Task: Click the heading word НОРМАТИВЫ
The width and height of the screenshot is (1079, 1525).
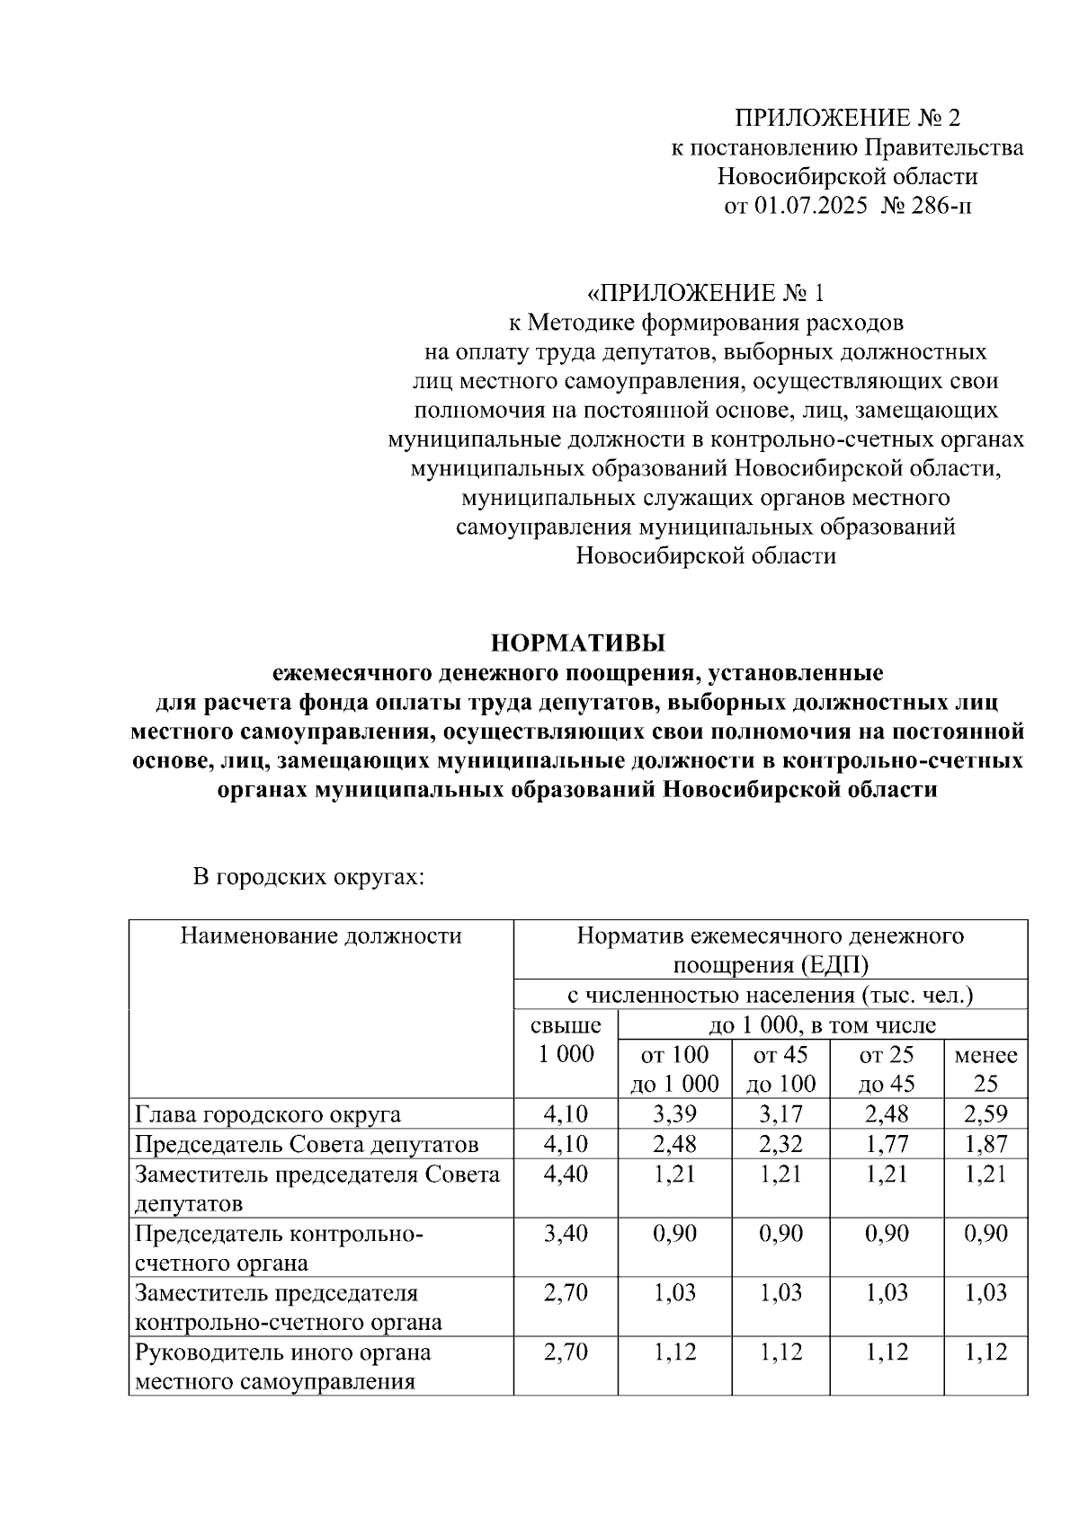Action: point(577,643)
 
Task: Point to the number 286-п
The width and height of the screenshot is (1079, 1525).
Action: point(940,206)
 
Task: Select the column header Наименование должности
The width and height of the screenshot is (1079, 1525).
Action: point(321,936)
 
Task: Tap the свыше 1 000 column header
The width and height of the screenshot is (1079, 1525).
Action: point(566,1040)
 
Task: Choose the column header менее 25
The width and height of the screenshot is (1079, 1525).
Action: point(985,1068)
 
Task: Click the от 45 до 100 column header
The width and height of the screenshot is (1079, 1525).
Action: point(780,1068)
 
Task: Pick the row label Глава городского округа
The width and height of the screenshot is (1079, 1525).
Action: point(268,1114)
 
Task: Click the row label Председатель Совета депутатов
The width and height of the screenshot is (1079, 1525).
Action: point(307,1144)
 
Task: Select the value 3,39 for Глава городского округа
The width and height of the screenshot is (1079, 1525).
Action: point(674,1114)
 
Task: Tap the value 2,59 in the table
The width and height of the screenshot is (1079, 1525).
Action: point(985,1114)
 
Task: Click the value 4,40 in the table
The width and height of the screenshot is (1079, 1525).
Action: point(566,1174)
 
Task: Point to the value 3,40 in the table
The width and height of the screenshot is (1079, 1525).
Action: point(566,1233)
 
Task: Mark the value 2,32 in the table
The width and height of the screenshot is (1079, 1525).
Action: point(780,1144)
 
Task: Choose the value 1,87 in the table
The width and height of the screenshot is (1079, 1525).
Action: point(985,1144)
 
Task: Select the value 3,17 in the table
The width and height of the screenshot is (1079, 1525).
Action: point(780,1114)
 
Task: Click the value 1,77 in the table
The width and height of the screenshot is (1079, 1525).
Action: point(887,1144)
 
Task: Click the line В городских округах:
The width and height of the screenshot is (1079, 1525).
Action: point(308,876)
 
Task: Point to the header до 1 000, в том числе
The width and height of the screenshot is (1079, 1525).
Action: point(822,1024)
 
